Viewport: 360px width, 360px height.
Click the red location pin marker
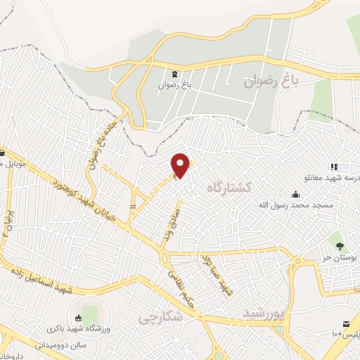pyautogui.click(x=181, y=165)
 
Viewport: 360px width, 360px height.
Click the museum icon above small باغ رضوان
pyautogui.click(x=174, y=74)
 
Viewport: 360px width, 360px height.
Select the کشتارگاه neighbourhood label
pyautogui.click(x=230, y=187)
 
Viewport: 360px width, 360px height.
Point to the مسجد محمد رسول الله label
pyautogui.click(x=316, y=205)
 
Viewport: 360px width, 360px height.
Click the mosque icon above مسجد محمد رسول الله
pyautogui.click(x=295, y=194)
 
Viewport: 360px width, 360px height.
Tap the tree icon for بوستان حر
pyautogui.click(x=340, y=246)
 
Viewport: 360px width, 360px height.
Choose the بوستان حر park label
pyautogui.click(x=340, y=258)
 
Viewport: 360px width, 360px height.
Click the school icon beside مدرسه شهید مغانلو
pyautogui.click(x=334, y=167)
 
